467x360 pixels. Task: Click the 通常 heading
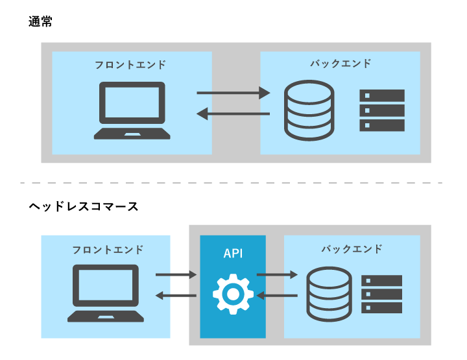40,21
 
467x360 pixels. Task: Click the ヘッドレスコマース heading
84,207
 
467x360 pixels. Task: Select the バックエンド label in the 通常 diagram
341,64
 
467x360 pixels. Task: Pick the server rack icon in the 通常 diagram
382,111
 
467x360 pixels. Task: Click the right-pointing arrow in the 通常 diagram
233,93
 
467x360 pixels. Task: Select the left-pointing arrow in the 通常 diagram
233,115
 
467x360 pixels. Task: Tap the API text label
233,254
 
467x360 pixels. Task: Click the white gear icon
233,294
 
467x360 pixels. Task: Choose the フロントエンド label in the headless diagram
108,250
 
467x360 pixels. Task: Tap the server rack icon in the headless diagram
381,294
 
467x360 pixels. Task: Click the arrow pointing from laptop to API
176,275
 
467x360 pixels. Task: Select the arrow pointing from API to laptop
176,296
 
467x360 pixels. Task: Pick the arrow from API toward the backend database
277,275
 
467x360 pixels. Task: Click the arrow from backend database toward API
277,296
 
